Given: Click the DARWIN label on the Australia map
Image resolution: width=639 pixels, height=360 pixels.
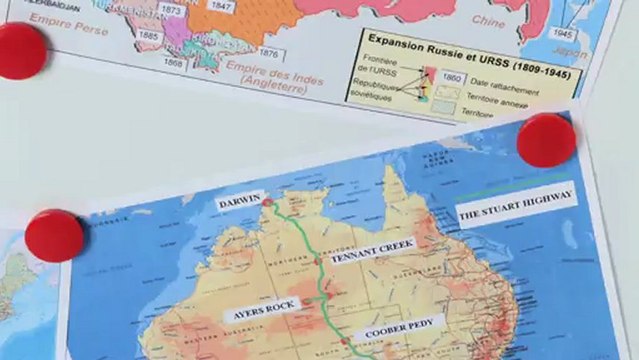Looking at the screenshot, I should [x=240, y=201].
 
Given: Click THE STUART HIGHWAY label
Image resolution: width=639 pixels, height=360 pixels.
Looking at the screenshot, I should [x=516, y=207].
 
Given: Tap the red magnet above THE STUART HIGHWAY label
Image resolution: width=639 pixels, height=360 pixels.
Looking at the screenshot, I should [x=546, y=139].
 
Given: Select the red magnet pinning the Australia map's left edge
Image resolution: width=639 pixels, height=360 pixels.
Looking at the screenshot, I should [x=54, y=236].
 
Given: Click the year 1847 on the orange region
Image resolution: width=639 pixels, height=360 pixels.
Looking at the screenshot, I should [x=223, y=6].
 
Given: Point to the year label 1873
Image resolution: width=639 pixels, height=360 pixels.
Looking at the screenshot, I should [x=172, y=10].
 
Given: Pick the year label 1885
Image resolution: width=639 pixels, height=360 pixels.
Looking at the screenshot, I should [x=149, y=36].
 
